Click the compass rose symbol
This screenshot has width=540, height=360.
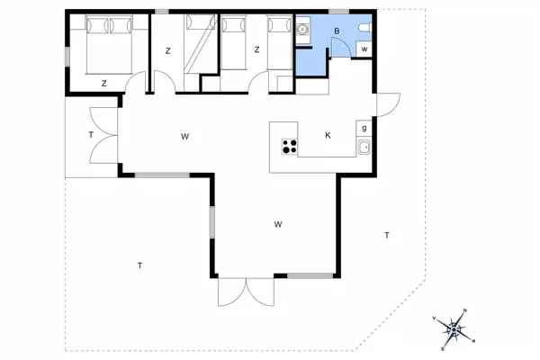tap(454, 330)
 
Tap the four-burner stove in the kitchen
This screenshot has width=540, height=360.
tap(290, 146)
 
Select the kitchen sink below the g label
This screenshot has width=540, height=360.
tap(364, 148)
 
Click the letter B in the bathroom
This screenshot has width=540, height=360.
tap(337, 31)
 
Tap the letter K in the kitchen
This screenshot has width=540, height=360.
tap(328, 135)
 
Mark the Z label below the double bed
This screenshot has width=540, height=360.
tap(104, 83)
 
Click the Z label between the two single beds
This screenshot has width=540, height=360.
tap(257, 50)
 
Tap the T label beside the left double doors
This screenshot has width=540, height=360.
tap(91, 135)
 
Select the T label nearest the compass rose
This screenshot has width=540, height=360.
tap(386, 235)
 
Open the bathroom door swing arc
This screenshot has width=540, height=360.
tap(340, 48)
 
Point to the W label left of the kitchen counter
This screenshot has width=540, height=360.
tap(184, 137)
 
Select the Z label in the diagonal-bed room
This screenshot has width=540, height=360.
tap(167, 50)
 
